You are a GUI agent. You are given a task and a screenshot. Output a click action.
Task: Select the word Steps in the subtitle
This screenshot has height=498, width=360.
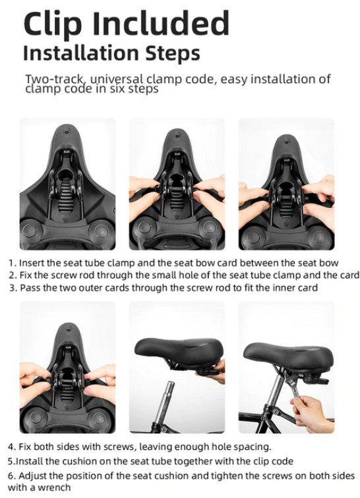pos(173,53)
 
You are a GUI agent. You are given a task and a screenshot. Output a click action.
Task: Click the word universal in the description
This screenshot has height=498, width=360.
pos(117,79)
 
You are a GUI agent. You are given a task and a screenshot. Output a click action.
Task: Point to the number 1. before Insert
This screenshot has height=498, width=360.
pos(12,263)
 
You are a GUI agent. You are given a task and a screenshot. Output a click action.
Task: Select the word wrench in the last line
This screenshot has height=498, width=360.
pos(54,487)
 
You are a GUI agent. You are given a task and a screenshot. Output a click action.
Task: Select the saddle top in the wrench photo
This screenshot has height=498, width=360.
pos(288,354)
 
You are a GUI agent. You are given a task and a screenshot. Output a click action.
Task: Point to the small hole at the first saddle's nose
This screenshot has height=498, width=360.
pos(67,132)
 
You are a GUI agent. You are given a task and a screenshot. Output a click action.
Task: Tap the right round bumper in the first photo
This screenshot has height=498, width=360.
pos(102,231)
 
